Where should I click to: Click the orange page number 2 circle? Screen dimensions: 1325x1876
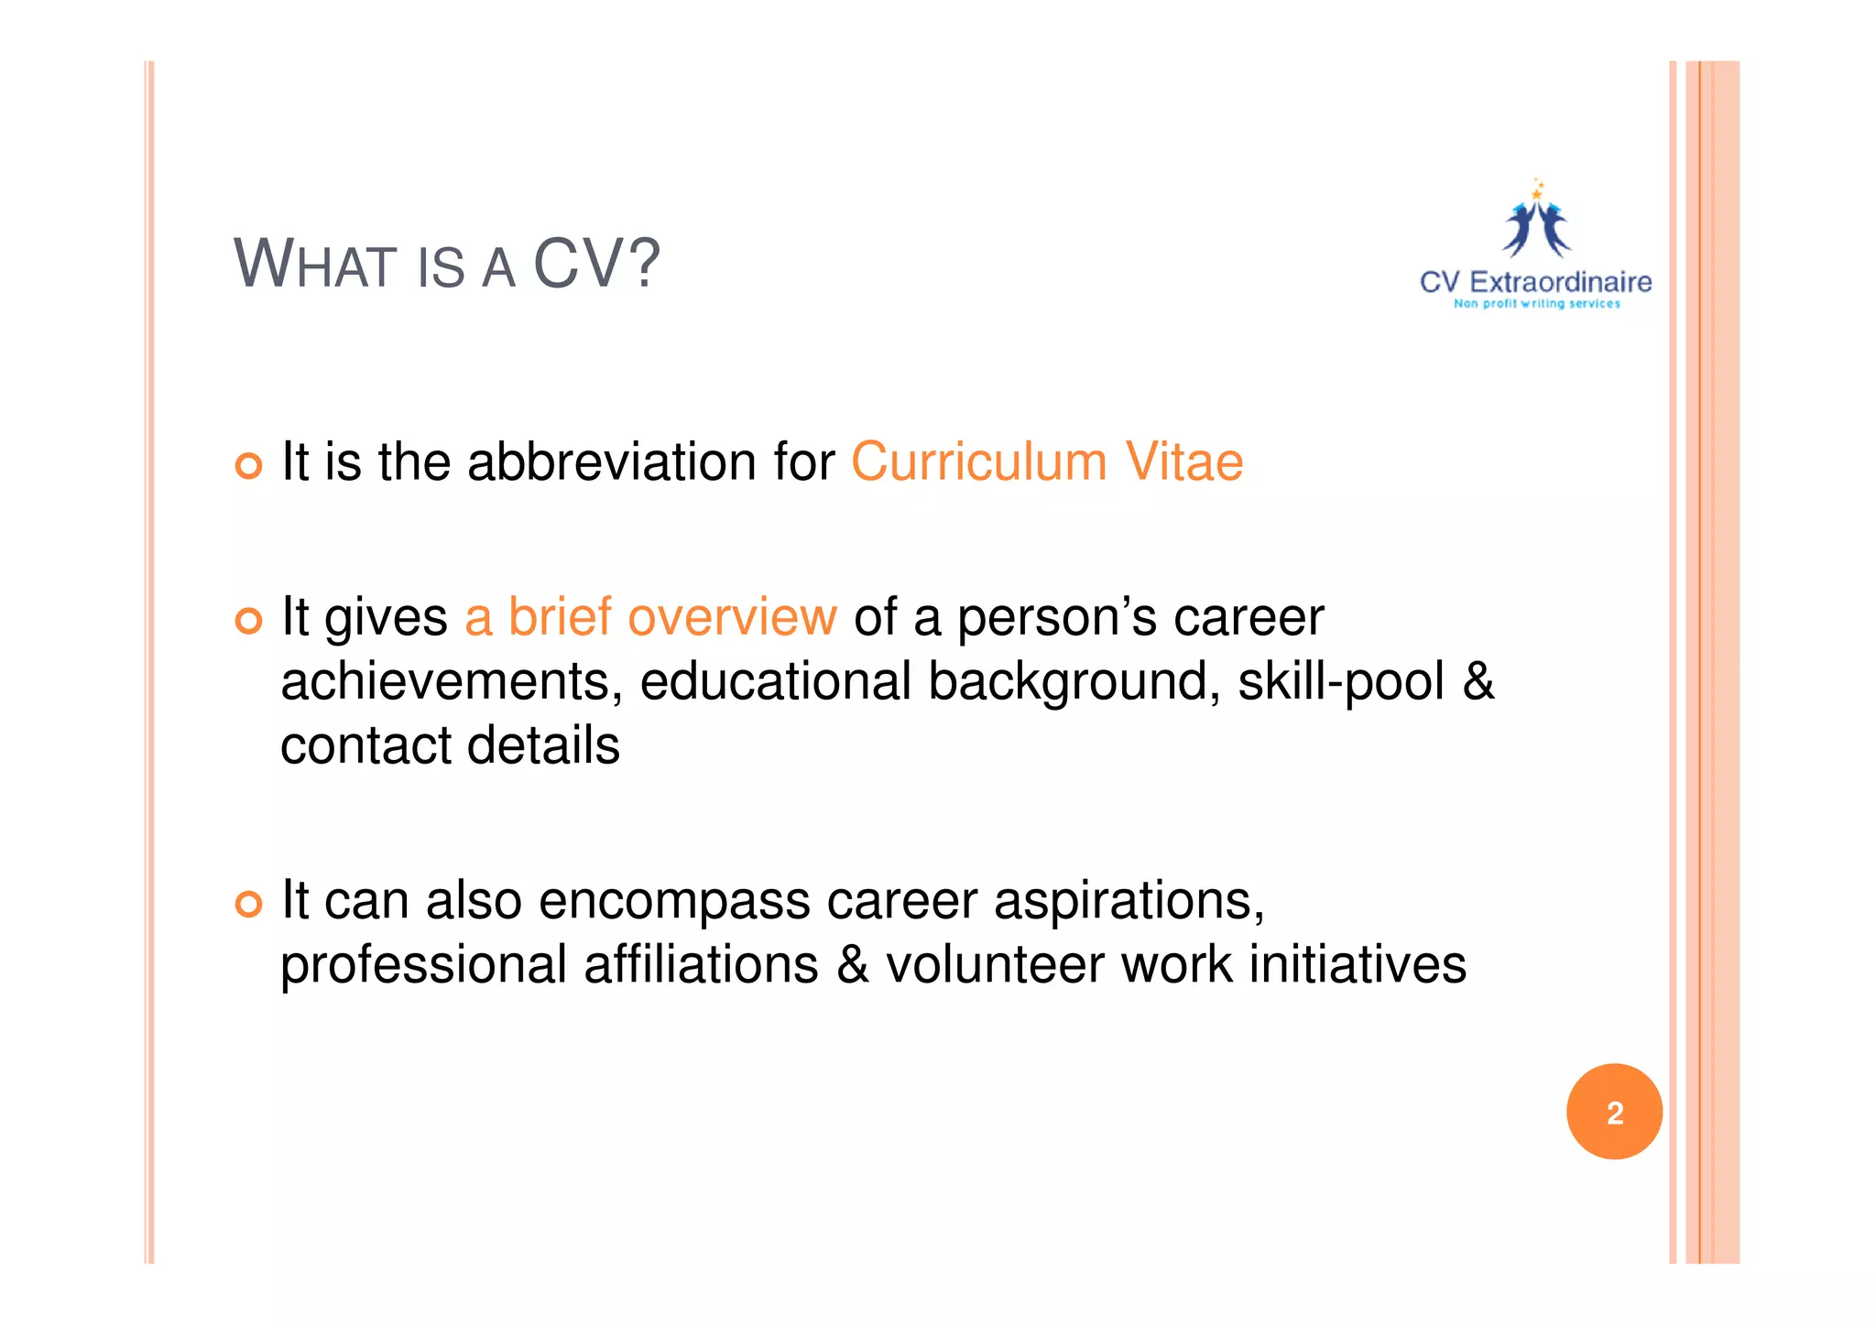[x=1614, y=1112]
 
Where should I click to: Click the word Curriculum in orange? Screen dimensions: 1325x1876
[x=979, y=462]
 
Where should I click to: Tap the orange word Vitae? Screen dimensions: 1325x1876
[x=1183, y=462]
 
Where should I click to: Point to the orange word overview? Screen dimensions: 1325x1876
[x=732, y=617]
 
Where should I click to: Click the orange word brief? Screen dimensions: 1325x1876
[x=560, y=617]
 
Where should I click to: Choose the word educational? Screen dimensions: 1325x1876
[x=775, y=682]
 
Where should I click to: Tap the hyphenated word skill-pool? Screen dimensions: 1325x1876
[x=1341, y=682]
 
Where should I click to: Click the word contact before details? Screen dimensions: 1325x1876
[x=365, y=745]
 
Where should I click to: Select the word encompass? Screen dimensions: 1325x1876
[x=674, y=902]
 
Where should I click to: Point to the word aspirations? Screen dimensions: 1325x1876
[x=1129, y=902]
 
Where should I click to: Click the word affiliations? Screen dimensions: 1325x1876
[x=701, y=965]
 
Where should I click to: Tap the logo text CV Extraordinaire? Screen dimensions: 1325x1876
[x=1535, y=282]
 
